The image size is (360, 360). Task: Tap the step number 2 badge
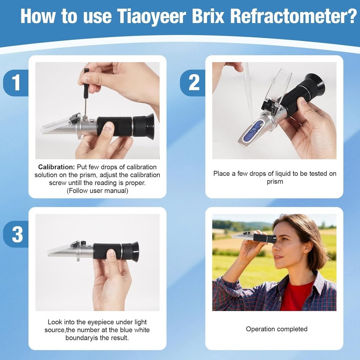coord(194,83)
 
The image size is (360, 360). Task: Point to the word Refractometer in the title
coord(293,16)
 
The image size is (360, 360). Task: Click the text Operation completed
coord(276,329)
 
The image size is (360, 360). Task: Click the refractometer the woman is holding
coord(252,237)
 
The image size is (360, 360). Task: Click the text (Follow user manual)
coord(97,191)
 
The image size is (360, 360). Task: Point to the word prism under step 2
coord(275,181)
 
